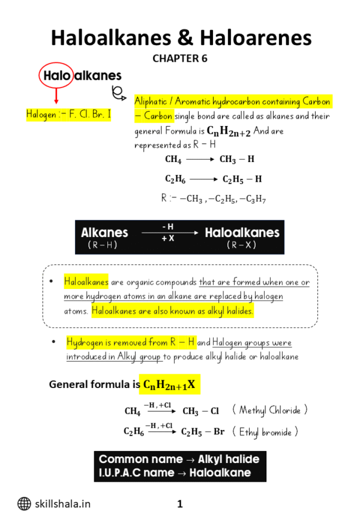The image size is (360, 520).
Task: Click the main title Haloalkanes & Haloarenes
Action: pyautogui.click(x=181, y=38)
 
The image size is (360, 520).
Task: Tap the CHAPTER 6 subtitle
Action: pyautogui.click(x=180, y=58)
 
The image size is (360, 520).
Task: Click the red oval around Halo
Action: pyautogui.click(x=56, y=76)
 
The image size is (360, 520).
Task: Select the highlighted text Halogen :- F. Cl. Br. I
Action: pyautogui.click(x=68, y=114)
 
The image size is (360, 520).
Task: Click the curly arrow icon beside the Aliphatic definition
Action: pyautogui.click(x=119, y=92)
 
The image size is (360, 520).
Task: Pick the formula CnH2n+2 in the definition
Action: pyautogui.click(x=229, y=131)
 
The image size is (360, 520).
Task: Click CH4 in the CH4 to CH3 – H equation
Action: pyautogui.click(x=173, y=160)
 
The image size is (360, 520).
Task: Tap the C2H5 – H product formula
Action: pyautogui.click(x=242, y=179)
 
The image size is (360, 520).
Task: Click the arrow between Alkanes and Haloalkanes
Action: pyautogui.click(x=169, y=233)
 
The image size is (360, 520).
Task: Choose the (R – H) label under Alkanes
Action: pyautogui.click(x=103, y=245)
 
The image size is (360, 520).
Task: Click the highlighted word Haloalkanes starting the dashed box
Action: pyautogui.click(x=86, y=281)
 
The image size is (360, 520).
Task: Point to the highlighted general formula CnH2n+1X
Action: pyautogui.click(x=169, y=384)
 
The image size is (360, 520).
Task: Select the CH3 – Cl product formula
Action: pyautogui.click(x=200, y=411)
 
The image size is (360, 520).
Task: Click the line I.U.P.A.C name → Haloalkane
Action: pyautogui.click(x=175, y=473)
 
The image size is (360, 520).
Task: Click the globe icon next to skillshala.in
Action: pyautogui.click(x=24, y=504)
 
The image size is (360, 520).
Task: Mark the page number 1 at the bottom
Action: pyautogui.click(x=179, y=504)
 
